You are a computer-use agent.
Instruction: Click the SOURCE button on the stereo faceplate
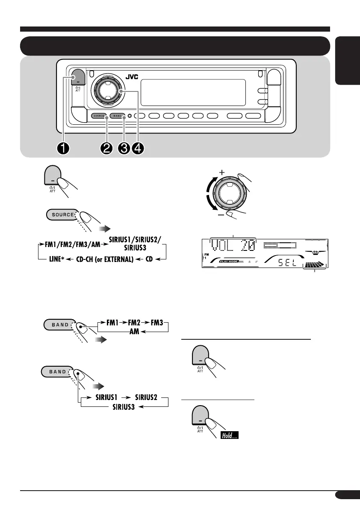(99, 116)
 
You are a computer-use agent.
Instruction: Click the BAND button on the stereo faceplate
(117, 116)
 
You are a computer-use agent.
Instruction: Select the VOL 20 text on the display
(233, 245)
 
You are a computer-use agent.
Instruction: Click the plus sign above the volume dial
(222, 172)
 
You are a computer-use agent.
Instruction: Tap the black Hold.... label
(229, 436)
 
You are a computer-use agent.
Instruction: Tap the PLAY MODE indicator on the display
(219, 260)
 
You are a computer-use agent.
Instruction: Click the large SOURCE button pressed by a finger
(63, 215)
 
